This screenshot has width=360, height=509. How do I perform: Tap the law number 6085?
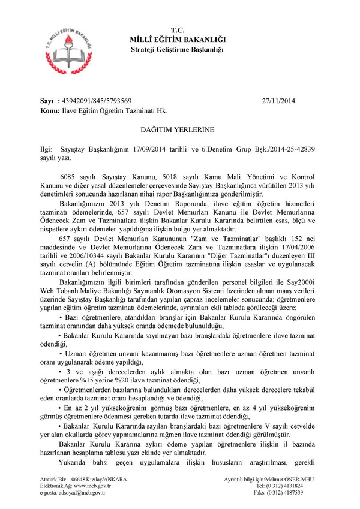click(71, 178)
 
